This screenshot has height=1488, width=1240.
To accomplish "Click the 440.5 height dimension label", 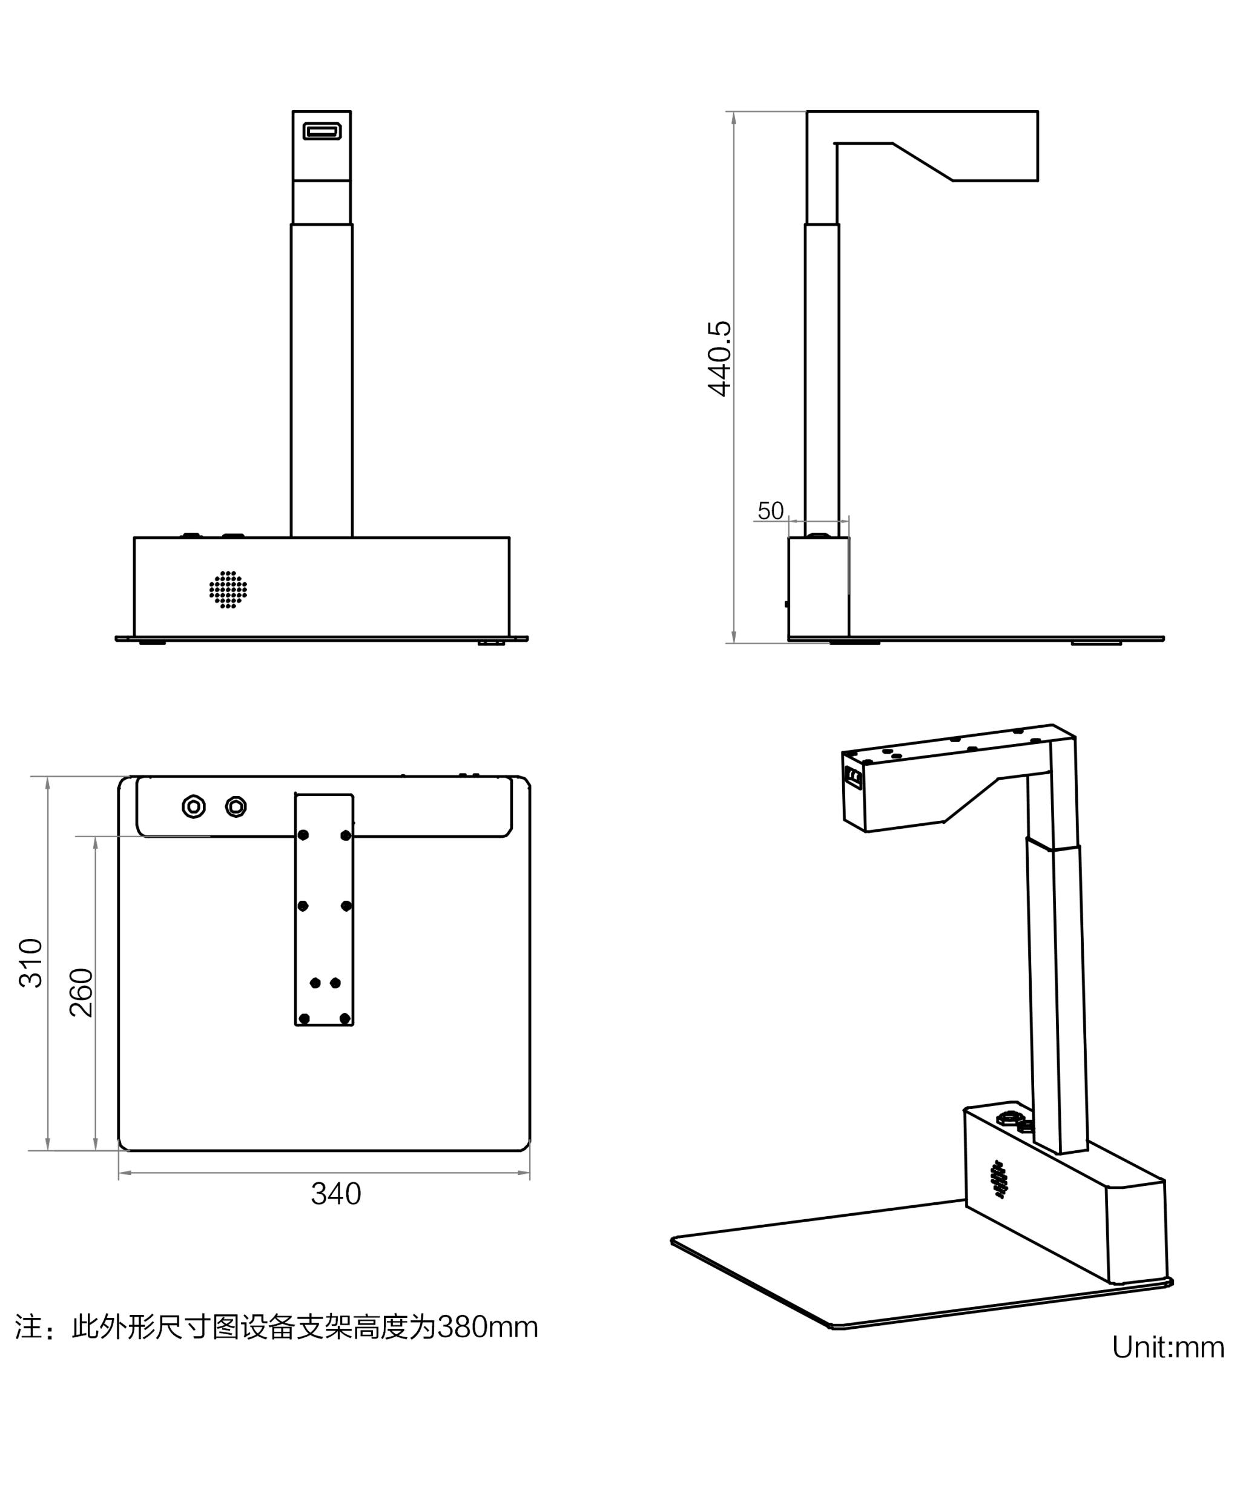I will coord(719,358).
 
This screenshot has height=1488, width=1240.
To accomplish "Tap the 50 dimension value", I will coord(770,510).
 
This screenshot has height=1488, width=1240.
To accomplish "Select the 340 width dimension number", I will coord(336,1194).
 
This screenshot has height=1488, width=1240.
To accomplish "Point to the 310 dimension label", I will coord(31,963).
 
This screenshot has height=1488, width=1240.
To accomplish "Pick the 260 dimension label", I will coord(82,993).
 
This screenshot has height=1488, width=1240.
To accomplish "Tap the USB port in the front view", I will coord(322,131).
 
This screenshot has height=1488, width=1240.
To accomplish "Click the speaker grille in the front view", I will coord(228,590).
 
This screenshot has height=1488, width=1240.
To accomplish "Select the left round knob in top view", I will coord(193,806).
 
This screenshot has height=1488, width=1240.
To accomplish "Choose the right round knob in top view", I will coord(236,806).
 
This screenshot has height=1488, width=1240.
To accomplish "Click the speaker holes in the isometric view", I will coord(1000,1179).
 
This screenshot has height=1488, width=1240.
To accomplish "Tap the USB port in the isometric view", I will coord(854,778).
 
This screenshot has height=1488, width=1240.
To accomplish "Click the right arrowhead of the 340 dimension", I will coord(524,1173).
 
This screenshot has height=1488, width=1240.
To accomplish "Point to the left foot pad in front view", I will coord(153,643).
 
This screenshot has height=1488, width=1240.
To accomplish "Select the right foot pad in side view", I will coord(1095,643).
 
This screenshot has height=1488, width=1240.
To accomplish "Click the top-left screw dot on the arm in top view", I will coord(303,835).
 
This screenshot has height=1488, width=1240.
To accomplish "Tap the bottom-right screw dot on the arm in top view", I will coord(345,1019).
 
